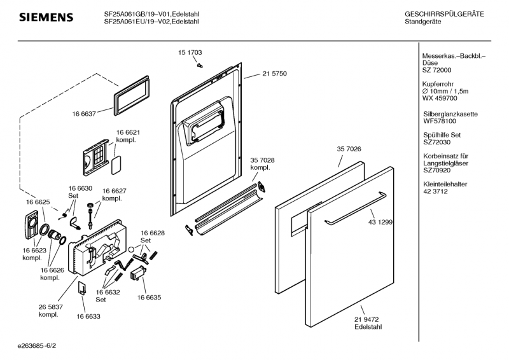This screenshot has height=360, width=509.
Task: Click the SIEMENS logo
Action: (46, 17)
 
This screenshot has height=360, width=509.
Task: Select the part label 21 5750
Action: (274, 74)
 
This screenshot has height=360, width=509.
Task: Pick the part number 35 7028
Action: (262, 160)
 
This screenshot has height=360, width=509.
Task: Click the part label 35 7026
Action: (349, 149)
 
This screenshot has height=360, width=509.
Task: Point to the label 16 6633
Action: (89, 315)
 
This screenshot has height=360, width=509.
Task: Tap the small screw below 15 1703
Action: (200, 64)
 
